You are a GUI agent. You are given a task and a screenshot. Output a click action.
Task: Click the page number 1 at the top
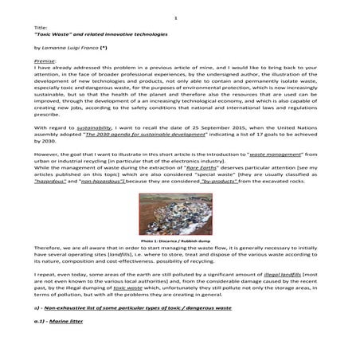[180, 17]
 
